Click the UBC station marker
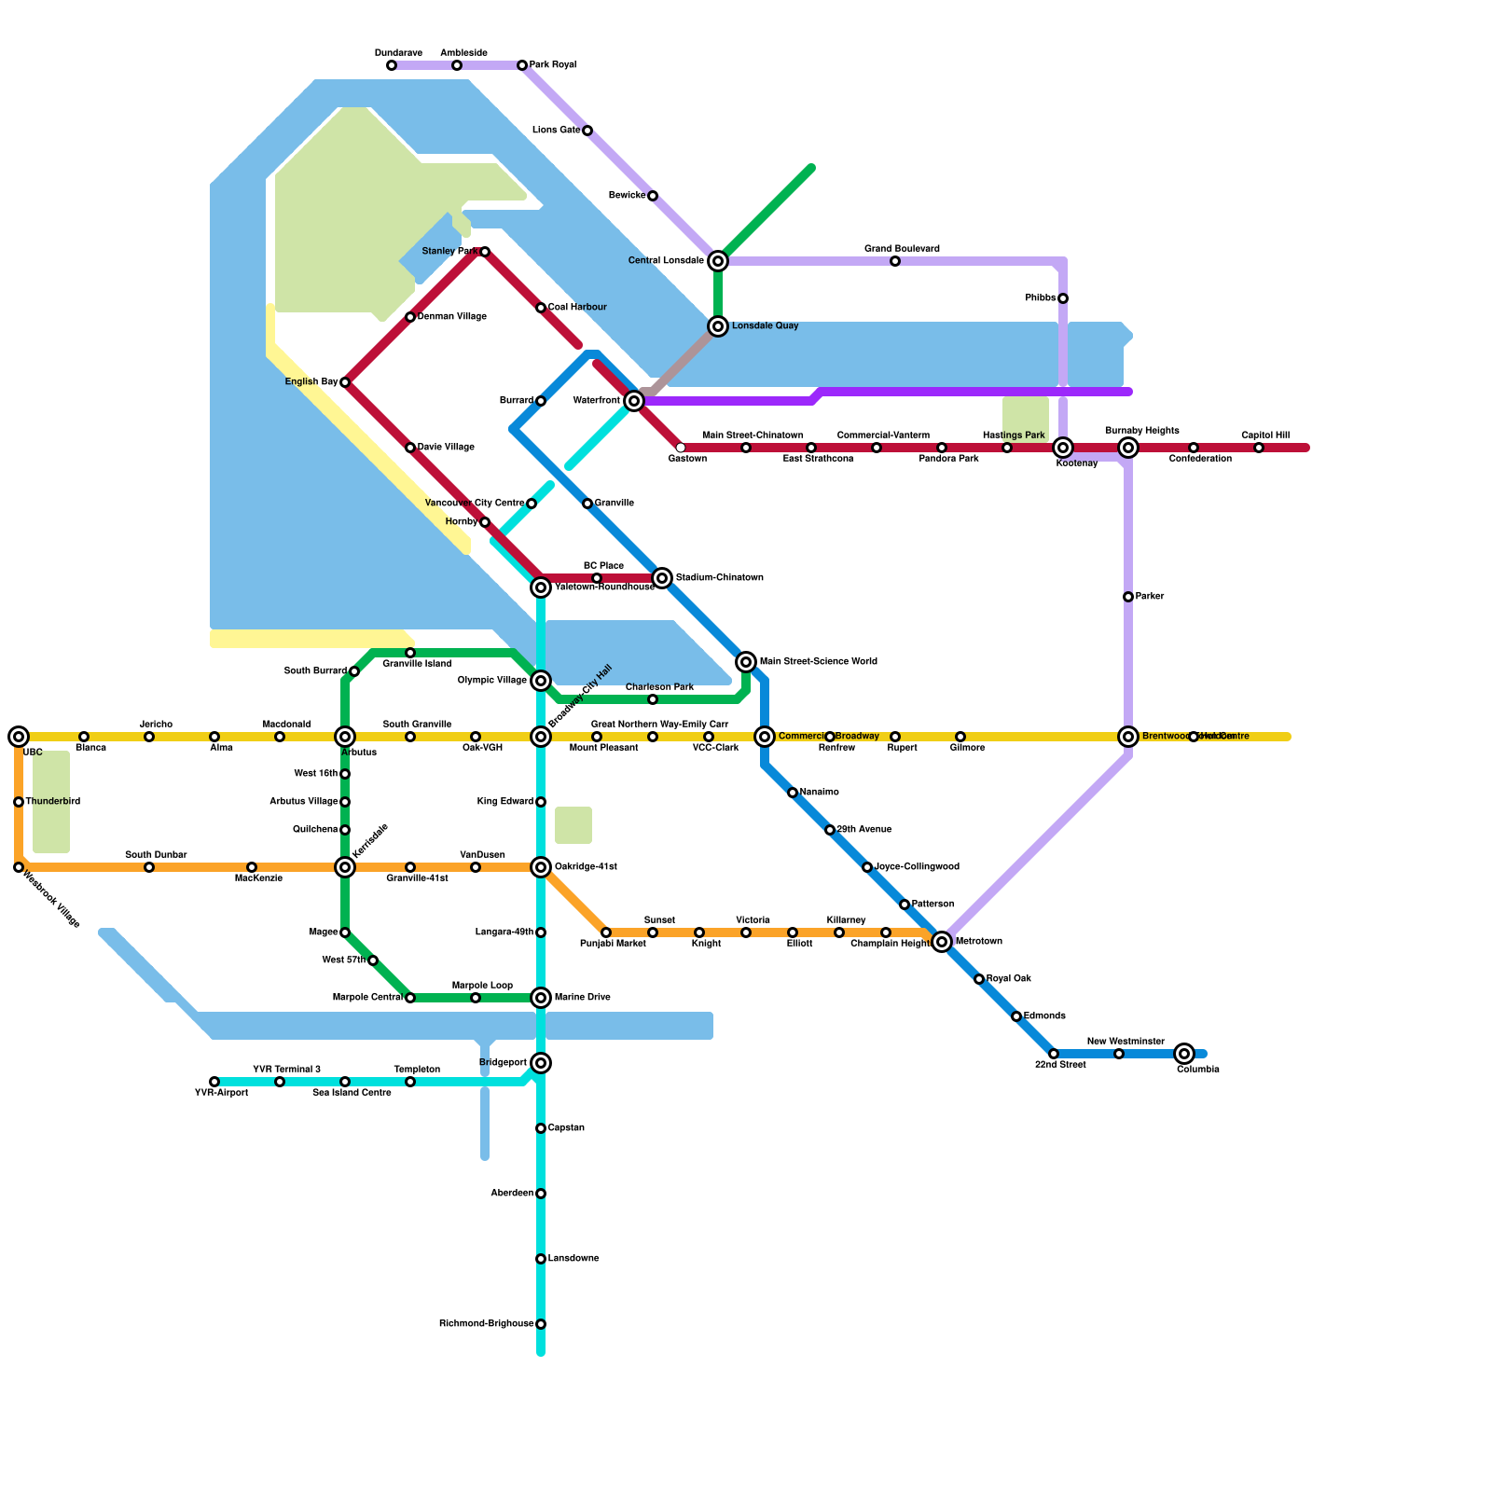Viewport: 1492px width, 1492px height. click(x=19, y=737)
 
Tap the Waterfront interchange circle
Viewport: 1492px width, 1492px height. click(x=634, y=401)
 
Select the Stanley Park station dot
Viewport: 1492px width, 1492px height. click(x=485, y=252)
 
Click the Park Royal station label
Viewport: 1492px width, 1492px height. click(x=552, y=65)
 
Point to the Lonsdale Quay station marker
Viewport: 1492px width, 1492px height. click(x=718, y=326)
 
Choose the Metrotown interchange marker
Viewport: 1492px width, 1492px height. click(x=942, y=942)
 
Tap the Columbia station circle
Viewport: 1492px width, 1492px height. click(x=1184, y=1054)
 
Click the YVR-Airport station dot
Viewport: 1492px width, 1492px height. click(x=214, y=1082)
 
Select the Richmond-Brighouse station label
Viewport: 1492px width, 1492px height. click(x=486, y=1324)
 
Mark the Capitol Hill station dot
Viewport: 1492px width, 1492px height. click(x=1259, y=448)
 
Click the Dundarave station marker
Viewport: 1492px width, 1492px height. click(x=392, y=65)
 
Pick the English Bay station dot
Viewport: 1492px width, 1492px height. click(x=345, y=382)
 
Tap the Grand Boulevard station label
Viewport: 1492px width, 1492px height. click(x=902, y=249)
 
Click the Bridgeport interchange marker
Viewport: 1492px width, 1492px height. click(x=541, y=1063)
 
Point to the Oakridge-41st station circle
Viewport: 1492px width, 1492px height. click(x=541, y=867)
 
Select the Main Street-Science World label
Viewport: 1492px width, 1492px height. click(x=818, y=662)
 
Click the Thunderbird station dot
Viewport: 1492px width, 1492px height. click(x=19, y=802)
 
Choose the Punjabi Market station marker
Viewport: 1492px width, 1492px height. click(x=606, y=932)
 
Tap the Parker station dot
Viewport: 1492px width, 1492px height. click(x=1128, y=597)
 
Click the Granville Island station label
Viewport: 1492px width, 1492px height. click(x=417, y=664)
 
